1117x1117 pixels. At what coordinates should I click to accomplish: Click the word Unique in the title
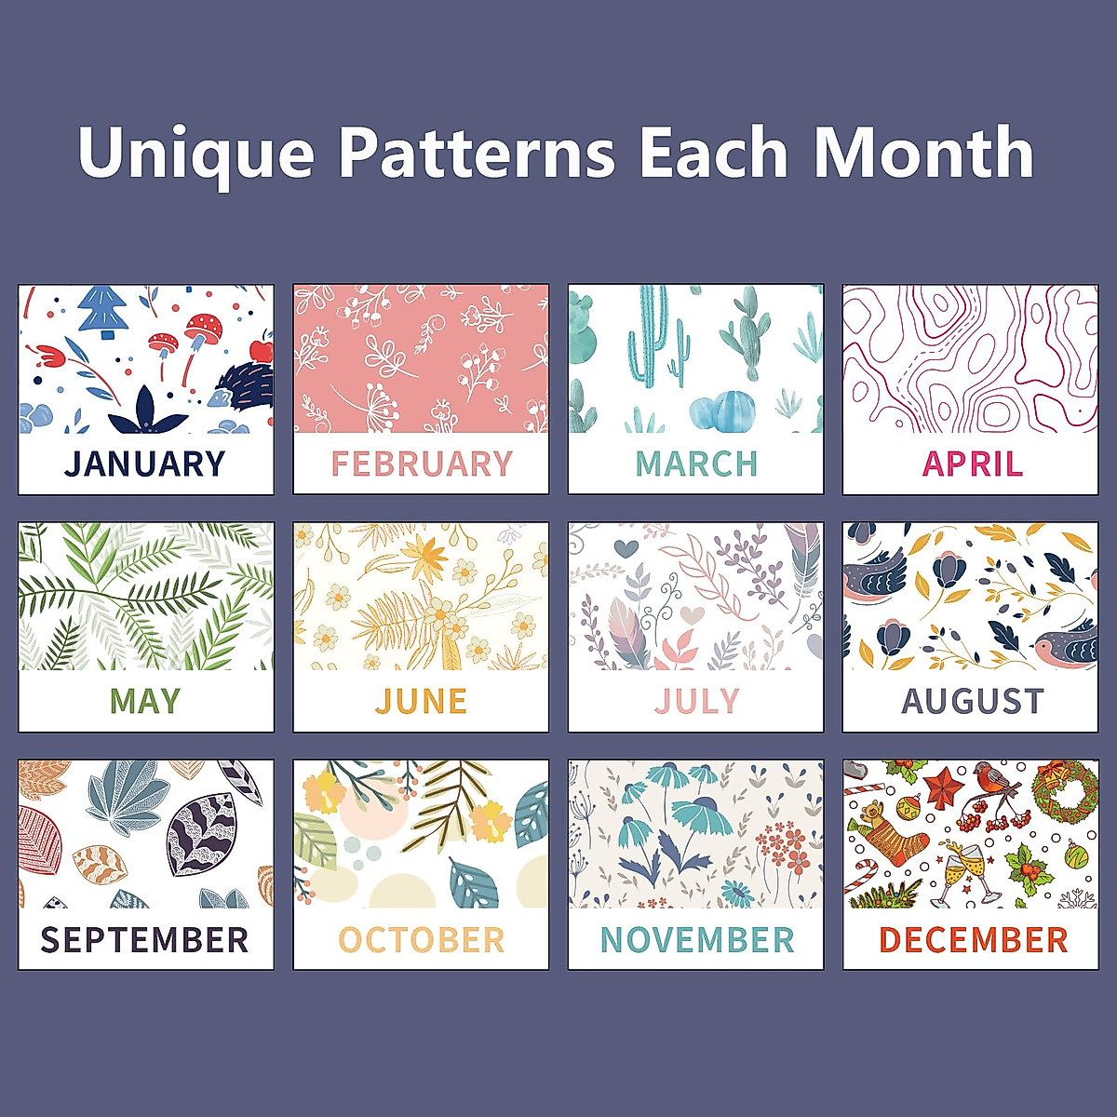195,154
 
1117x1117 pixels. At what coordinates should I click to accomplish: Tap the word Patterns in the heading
477,152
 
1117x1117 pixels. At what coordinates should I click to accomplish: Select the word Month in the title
924,152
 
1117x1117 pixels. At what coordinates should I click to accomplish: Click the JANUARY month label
144,464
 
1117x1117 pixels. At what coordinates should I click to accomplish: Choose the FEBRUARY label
422,464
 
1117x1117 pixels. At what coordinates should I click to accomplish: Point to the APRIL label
972,464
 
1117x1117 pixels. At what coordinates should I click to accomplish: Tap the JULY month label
697,701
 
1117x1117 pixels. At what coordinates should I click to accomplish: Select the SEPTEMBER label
144,939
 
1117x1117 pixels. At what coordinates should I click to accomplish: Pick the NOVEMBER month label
697,939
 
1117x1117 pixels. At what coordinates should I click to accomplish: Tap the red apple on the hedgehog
261,350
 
